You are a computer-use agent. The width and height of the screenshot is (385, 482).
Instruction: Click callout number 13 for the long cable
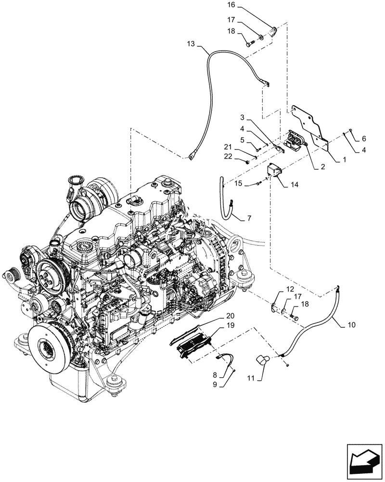(x=191, y=43)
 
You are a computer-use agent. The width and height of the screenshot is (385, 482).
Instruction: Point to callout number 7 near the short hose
(x=249, y=218)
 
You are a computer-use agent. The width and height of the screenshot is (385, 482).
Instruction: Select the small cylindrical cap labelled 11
(x=263, y=360)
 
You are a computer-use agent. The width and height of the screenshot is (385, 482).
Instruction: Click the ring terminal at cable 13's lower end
(x=192, y=156)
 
